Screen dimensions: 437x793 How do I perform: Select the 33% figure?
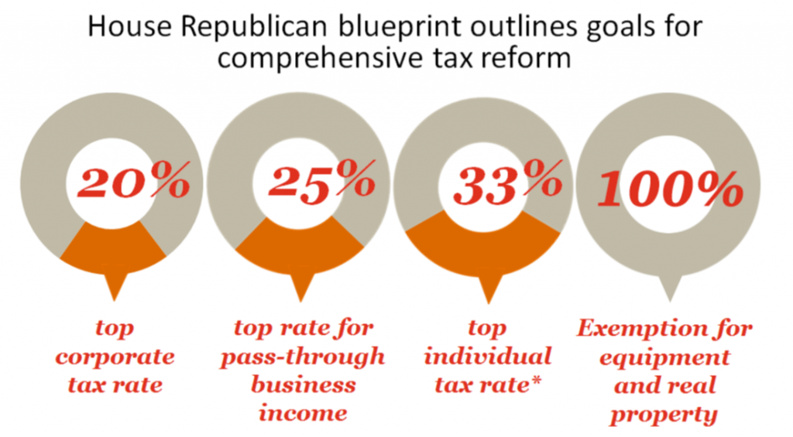click(507, 185)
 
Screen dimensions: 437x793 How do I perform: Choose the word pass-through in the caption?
click(302, 357)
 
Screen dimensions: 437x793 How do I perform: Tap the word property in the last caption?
click(664, 414)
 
